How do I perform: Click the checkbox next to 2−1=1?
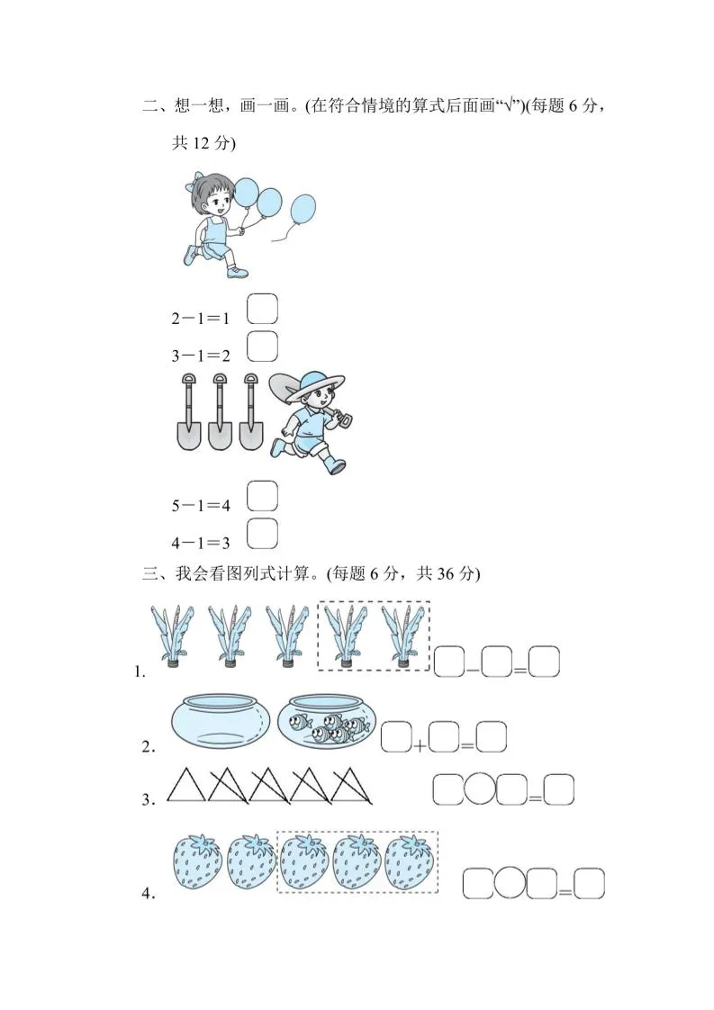click(x=262, y=309)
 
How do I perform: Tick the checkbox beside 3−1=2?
click(x=262, y=346)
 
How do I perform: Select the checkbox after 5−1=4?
click(x=262, y=496)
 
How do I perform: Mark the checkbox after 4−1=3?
click(x=262, y=533)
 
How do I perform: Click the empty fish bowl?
click(x=220, y=719)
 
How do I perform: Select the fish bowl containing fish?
click(x=327, y=721)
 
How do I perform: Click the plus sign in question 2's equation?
click(x=420, y=745)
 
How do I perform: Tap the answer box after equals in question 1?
click(x=544, y=663)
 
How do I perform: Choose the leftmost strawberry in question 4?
click(x=196, y=861)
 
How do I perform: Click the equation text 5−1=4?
click(x=201, y=506)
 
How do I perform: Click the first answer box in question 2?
click(x=396, y=738)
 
